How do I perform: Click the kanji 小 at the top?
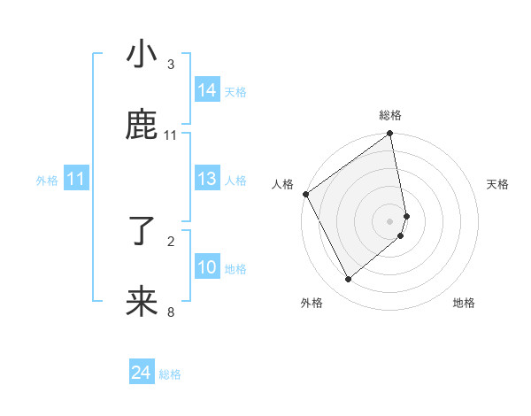pos(142,55)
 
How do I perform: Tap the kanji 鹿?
pos(142,126)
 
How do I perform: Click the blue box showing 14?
pos(207,90)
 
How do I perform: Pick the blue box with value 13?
pos(207,180)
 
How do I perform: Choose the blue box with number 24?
pos(142,374)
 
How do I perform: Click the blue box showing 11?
pos(76,180)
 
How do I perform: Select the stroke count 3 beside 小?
pos(171,65)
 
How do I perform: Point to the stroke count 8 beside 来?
pos(171,312)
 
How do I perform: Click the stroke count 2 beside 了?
pos(171,241)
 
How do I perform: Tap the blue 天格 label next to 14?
pos(235,91)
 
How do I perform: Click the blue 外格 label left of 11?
pos(47,181)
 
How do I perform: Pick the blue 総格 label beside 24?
pos(170,374)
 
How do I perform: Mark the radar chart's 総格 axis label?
pos(390,115)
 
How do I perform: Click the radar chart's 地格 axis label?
pos(464,303)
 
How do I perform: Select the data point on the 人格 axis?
pos(305,194)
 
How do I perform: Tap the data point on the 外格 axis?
pos(348,280)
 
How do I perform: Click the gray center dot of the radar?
pos(390,220)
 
